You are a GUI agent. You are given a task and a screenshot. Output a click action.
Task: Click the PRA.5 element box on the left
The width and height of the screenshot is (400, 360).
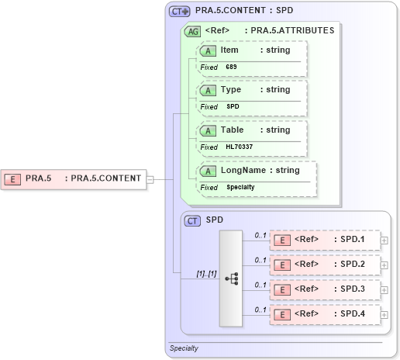click(74, 178)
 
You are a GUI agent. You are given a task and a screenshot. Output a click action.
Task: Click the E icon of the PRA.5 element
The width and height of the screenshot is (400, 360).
click(12, 178)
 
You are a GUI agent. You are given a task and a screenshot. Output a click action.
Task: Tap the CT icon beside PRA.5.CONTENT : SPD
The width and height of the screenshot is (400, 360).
click(180, 12)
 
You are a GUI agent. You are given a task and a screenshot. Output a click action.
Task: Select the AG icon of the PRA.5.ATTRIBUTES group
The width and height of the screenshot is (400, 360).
click(191, 31)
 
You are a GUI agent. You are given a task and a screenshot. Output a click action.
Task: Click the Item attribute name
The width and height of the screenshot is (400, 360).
click(229, 50)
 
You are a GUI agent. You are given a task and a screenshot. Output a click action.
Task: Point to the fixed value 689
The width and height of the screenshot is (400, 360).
click(231, 67)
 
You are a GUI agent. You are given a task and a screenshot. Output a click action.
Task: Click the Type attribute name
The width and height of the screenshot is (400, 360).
click(231, 89)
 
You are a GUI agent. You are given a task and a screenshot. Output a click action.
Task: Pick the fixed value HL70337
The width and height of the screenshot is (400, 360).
click(239, 147)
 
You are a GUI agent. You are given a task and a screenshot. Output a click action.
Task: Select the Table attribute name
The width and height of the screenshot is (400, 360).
click(233, 130)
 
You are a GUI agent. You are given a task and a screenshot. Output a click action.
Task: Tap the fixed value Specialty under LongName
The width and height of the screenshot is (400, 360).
click(240, 187)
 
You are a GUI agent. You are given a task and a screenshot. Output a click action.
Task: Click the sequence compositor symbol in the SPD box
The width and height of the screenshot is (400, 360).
click(231, 279)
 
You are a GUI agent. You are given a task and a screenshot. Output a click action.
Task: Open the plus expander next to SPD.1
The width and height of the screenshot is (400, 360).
click(384, 241)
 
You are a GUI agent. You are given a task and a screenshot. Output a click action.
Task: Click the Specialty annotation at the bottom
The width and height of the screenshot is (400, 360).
click(184, 348)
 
